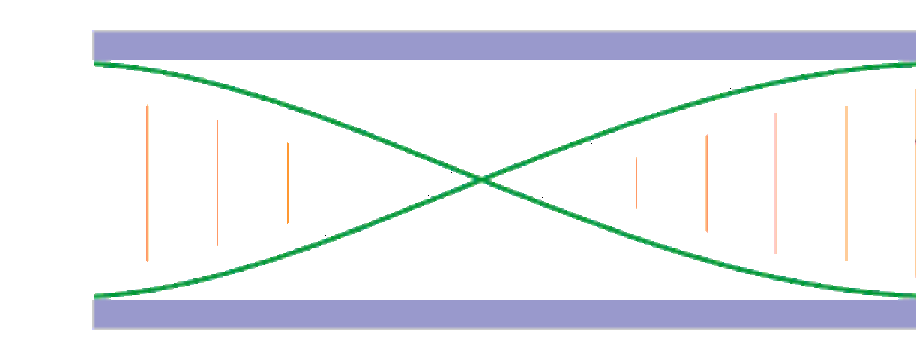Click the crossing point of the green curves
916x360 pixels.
click(481, 180)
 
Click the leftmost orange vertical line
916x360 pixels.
click(148, 183)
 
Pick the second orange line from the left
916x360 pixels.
click(217, 182)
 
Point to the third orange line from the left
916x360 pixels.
click(288, 182)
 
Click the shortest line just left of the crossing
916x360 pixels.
click(358, 183)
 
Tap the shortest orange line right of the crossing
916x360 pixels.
click(636, 183)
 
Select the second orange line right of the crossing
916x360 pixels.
click(706, 183)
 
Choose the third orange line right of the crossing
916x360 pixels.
click(776, 184)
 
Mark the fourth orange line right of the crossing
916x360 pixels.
click(846, 183)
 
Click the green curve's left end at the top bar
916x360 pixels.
click(96, 64)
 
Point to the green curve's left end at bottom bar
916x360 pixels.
click(96, 295)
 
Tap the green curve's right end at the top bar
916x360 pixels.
click(913, 64)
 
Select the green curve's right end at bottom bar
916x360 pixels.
click(913, 295)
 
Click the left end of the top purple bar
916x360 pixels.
click(94, 45)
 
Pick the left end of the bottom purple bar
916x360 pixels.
click(94, 314)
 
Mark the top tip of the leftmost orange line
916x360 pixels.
click(148, 106)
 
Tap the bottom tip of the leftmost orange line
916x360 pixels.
click(148, 260)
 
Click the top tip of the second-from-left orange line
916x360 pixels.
click(217, 120)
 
